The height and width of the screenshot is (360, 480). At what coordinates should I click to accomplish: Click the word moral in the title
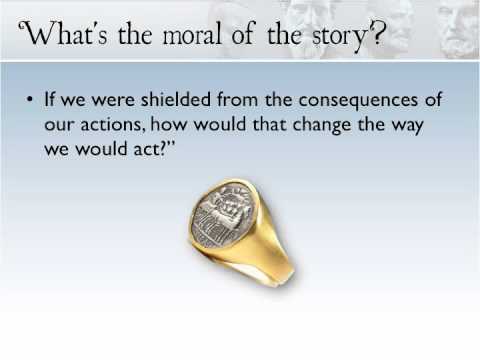pos(192,33)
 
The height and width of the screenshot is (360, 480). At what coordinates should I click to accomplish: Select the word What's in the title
pos(64,32)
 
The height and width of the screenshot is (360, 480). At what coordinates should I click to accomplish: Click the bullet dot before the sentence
pos(30,99)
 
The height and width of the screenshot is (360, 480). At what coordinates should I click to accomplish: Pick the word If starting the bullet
pos(49,99)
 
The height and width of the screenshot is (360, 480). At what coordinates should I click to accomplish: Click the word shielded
pos(176,99)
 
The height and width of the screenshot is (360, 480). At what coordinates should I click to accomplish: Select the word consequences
pos(358,101)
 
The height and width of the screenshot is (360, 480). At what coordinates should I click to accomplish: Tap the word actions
pos(113,125)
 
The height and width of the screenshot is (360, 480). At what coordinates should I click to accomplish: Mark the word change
pos(322,126)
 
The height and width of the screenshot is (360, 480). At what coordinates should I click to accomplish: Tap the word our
pos(59,126)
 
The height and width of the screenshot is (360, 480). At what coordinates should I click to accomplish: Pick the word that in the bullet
pos(270,124)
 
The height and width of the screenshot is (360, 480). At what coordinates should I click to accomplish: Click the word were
pos(113,101)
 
